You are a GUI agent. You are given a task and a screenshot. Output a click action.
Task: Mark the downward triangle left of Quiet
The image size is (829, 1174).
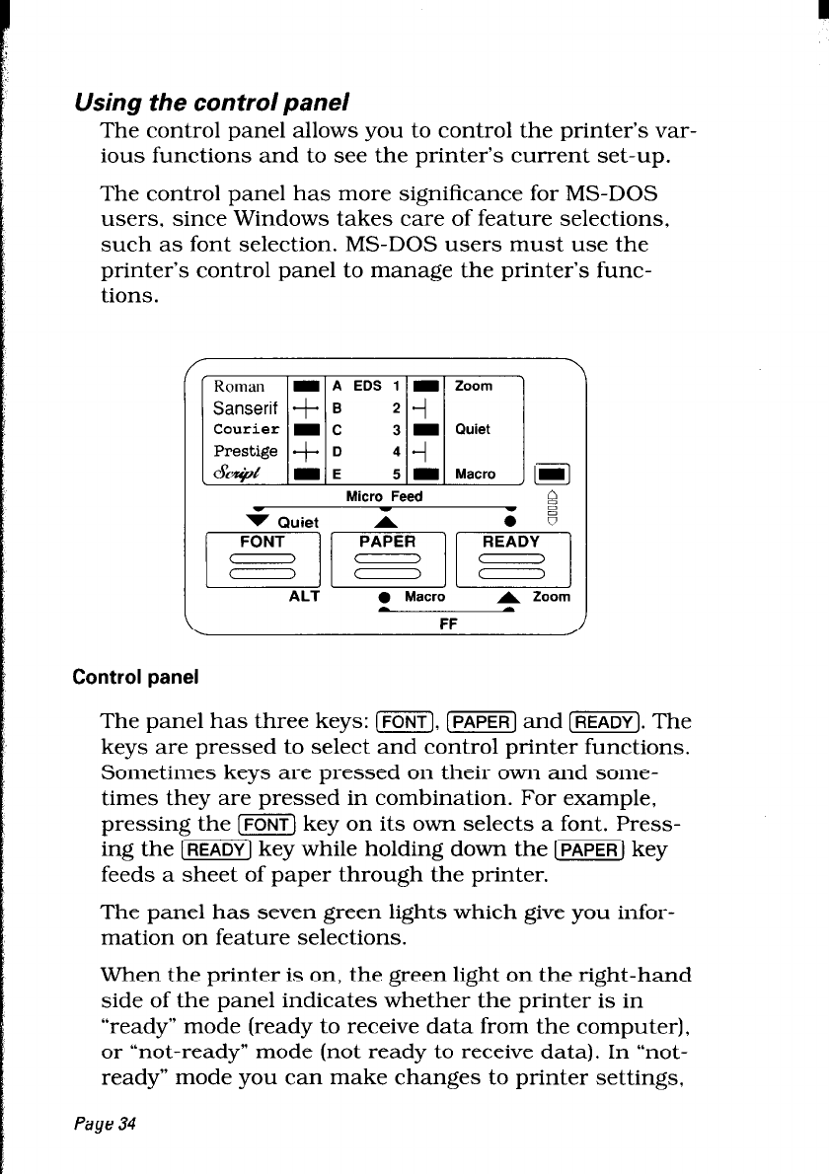(x=238, y=520)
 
